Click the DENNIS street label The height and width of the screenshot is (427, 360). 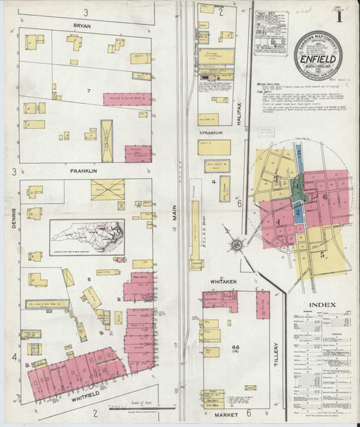click(x=14, y=211)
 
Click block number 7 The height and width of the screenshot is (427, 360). click(x=88, y=91)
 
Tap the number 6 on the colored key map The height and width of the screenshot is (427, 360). click(x=324, y=196)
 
